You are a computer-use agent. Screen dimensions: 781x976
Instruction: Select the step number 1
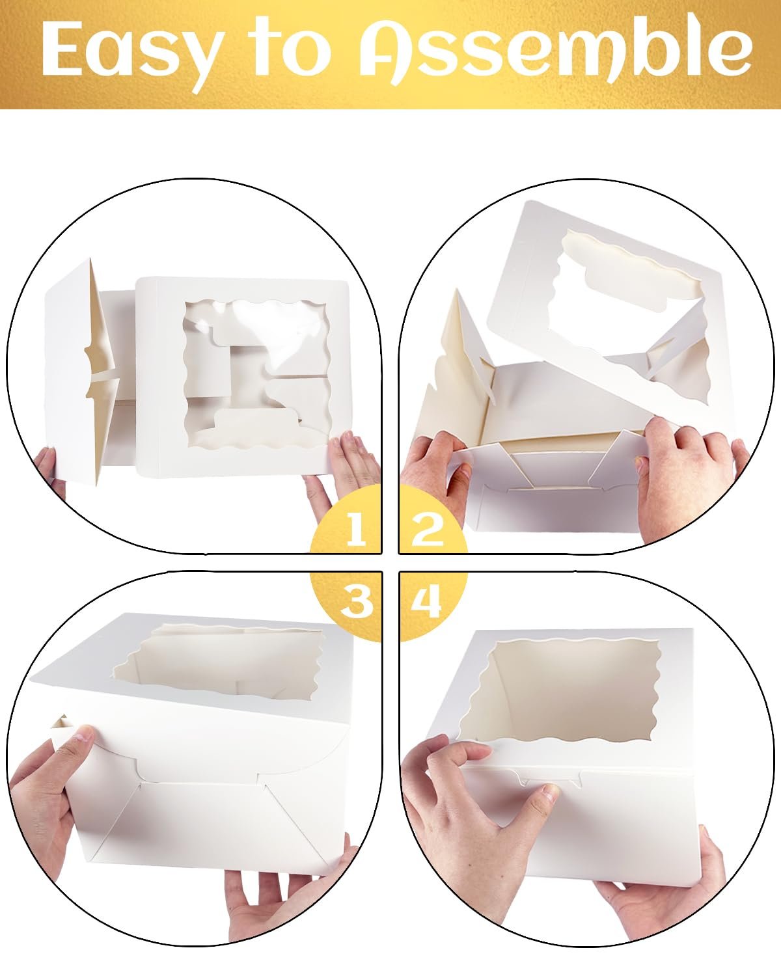(x=355, y=529)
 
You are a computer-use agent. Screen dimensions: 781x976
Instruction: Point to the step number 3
(x=356, y=601)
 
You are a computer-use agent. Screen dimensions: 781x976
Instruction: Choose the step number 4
(x=426, y=601)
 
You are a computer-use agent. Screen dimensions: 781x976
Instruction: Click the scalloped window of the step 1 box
(x=258, y=375)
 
